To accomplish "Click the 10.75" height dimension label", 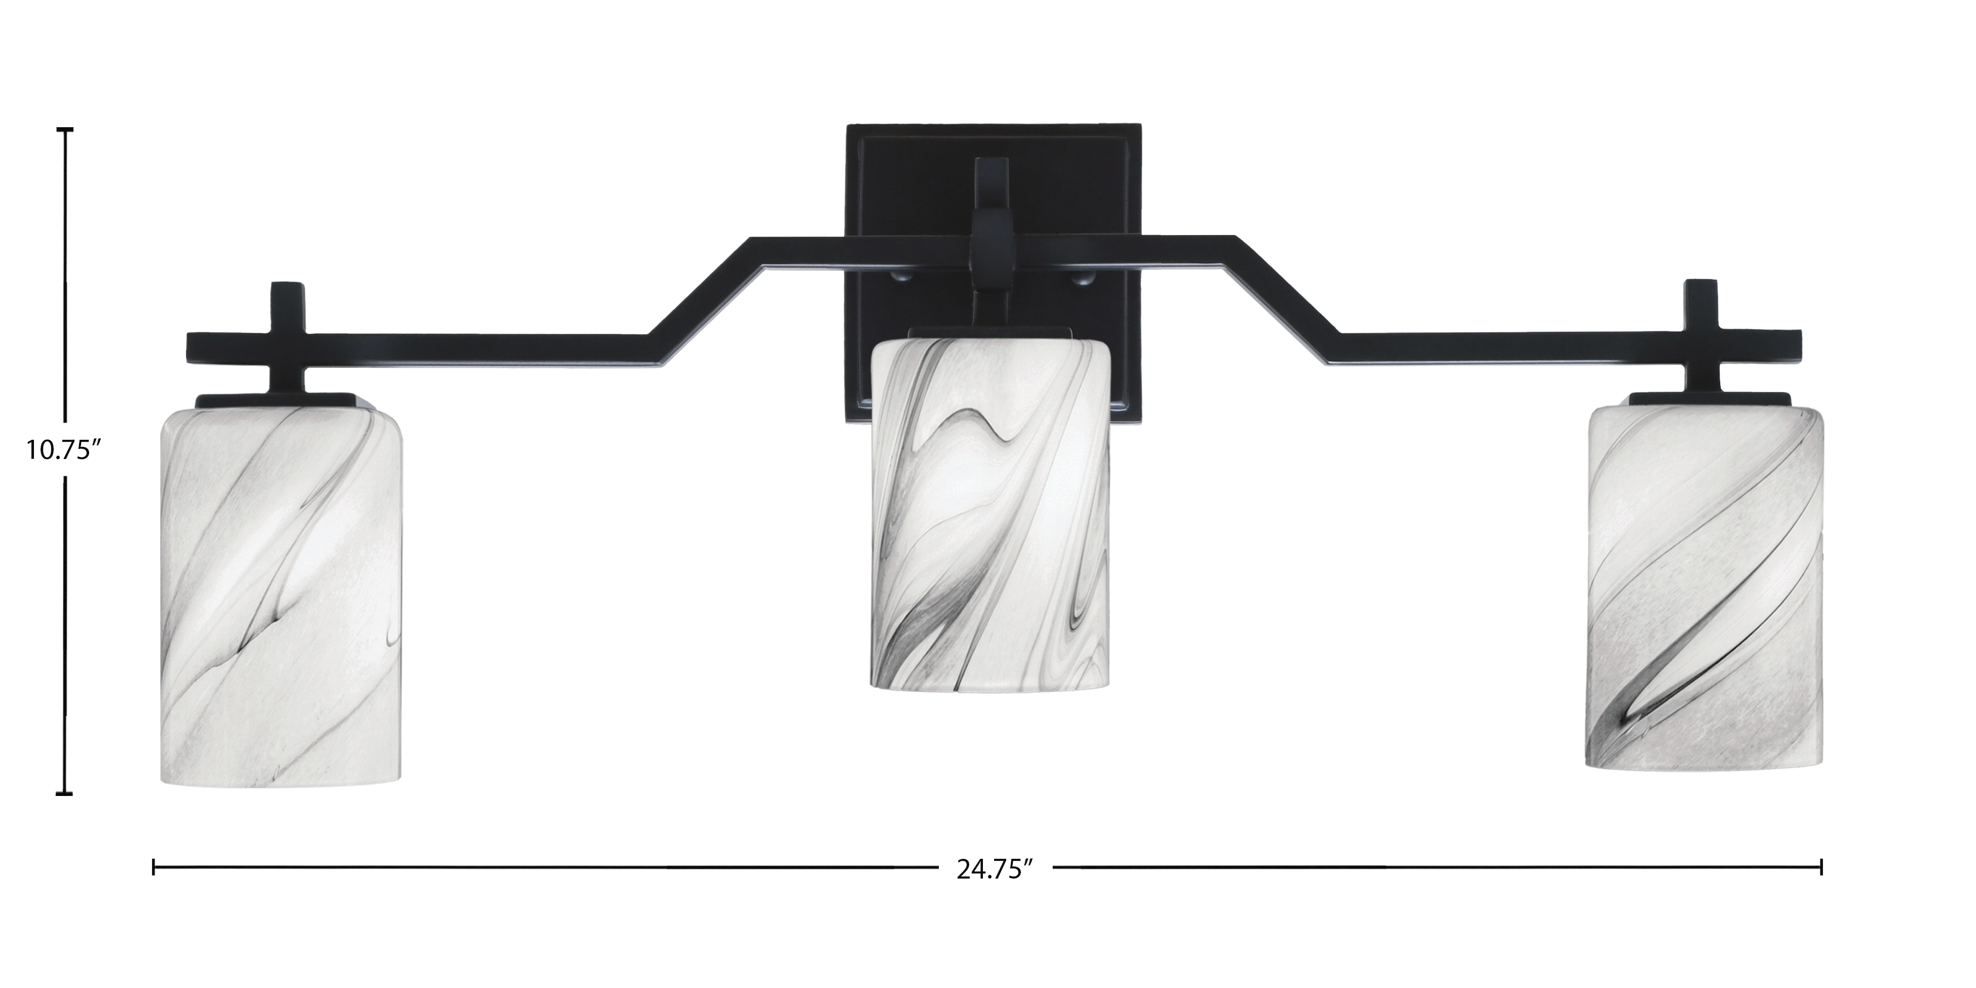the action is (x=64, y=449).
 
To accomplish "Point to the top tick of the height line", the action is (x=65, y=130).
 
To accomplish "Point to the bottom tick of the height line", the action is (x=65, y=794).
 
